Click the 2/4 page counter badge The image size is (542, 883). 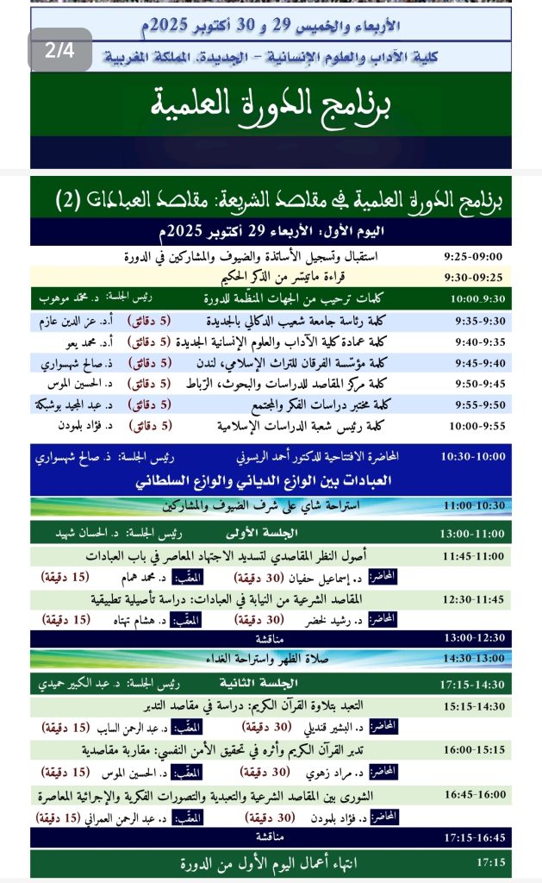60,50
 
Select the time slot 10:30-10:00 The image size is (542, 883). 471,456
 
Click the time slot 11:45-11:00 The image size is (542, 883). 471,555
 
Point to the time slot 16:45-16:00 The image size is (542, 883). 471,794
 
